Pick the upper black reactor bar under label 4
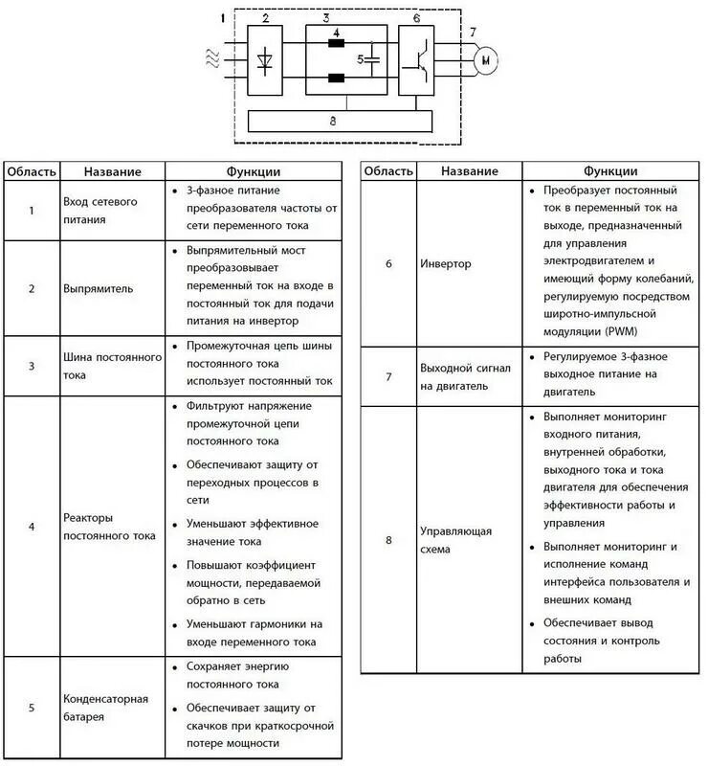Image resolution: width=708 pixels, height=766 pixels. [x=337, y=42]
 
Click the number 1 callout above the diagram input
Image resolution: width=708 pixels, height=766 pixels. [x=223, y=18]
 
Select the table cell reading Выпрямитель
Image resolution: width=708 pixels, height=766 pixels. [x=99, y=288]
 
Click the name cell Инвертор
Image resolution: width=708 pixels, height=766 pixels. [x=446, y=264]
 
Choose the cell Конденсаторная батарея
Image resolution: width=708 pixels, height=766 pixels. [x=106, y=708]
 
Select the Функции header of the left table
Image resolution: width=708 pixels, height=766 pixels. [x=253, y=171]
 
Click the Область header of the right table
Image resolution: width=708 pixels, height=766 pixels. [x=388, y=171]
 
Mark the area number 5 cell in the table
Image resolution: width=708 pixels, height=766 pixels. [x=32, y=708]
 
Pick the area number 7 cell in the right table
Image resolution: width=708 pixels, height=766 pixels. [x=388, y=376]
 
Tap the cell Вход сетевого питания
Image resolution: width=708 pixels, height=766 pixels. [x=100, y=210]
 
